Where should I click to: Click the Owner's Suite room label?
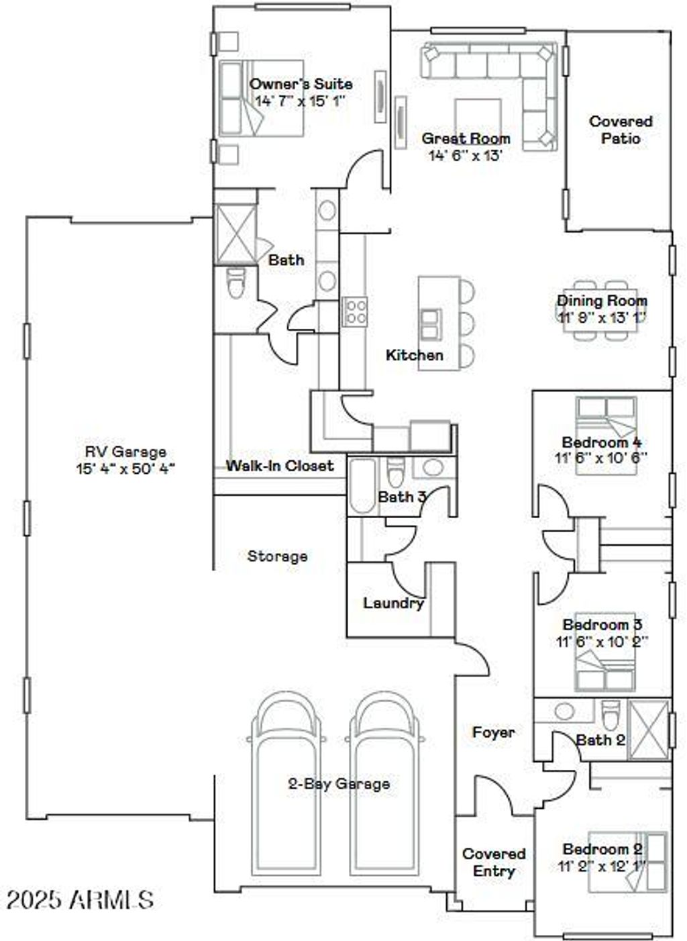pos(301,84)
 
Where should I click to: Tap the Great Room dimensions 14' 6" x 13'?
pos(466,156)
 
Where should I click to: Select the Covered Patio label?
pos(621,130)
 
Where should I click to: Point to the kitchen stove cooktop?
pos(356,311)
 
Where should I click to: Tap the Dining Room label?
pos(602,300)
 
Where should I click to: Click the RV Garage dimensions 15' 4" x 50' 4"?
pos(125,468)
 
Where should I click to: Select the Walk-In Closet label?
pos(279,465)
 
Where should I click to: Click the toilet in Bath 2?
pos(611,716)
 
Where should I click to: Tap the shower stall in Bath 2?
pos(648,730)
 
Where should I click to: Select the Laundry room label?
pos(393,603)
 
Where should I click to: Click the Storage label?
pos(277,556)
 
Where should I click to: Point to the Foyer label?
pos(493,732)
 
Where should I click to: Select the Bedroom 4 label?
pos(601,442)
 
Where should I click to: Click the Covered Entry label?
pos(494,862)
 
